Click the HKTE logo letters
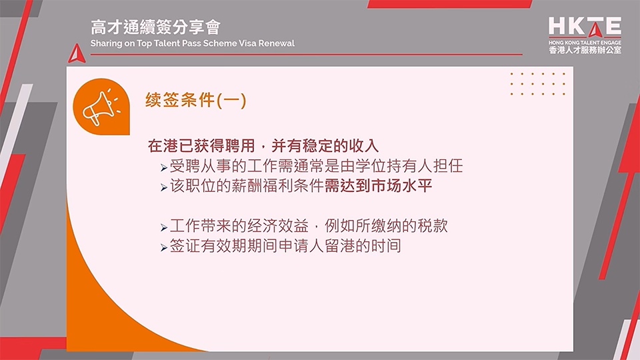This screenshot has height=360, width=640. [x=585, y=27]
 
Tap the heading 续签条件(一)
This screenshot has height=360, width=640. [x=196, y=101]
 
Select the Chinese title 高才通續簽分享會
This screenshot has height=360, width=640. [x=155, y=27]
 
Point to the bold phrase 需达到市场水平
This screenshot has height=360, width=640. [x=378, y=186]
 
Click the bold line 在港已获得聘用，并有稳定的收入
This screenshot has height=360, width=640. [x=264, y=145]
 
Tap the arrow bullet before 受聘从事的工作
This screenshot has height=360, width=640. [x=164, y=167]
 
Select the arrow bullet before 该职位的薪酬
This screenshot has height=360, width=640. [x=164, y=187]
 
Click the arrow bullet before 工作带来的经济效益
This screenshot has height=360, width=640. [x=164, y=227]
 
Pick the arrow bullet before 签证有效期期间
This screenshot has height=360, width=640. [x=164, y=247]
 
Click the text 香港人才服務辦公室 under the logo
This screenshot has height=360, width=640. [x=585, y=49]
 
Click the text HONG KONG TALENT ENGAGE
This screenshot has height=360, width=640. [x=585, y=41]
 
